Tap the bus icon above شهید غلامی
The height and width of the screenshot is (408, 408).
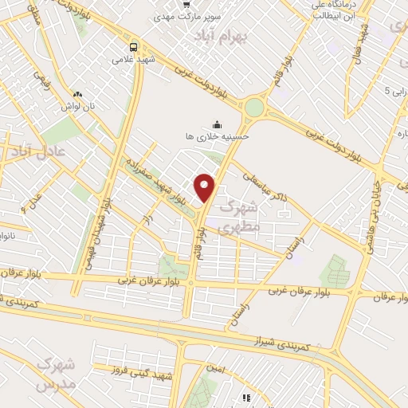(133, 45)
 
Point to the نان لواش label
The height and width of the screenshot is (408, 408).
(79, 104)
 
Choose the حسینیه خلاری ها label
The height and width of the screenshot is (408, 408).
(218, 135)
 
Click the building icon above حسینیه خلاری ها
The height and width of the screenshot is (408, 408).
(217, 123)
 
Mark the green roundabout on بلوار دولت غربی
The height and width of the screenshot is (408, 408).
(254, 107)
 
